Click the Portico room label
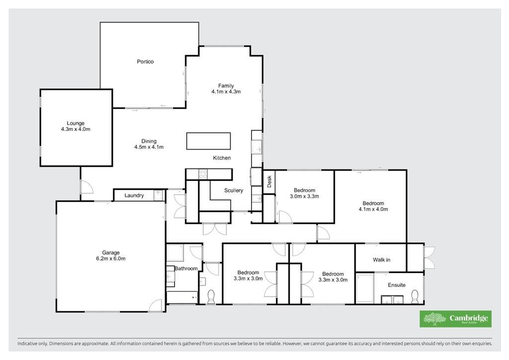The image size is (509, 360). [x=145, y=62]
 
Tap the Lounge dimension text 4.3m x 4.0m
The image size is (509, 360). [x=76, y=129]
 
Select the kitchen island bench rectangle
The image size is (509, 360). [x=208, y=141]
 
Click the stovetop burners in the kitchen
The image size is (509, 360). [x=203, y=175]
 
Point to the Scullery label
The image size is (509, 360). [x=234, y=190]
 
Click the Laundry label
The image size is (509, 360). [x=134, y=195]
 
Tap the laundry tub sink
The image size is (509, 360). [x=159, y=196]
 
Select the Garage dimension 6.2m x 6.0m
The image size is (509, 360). [x=111, y=259]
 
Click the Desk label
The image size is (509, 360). [x=269, y=182]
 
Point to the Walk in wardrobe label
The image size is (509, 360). [x=381, y=260]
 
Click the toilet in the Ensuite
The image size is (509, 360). [x=415, y=296]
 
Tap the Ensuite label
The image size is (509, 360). [x=397, y=285]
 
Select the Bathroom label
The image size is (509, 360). [x=186, y=269]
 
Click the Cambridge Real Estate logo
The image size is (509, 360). [x=455, y=319]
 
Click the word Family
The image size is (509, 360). [x=226, y=86]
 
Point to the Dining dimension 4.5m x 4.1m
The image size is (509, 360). [x=149, y=147]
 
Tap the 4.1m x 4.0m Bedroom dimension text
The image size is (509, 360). [x=373, y=209]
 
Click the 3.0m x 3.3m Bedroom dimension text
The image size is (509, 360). [x=305, y=196]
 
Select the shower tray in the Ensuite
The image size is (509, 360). [x=365, y=288]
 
